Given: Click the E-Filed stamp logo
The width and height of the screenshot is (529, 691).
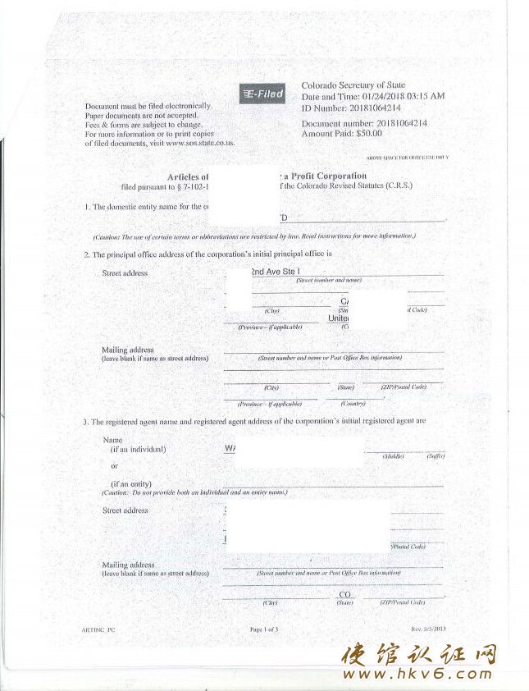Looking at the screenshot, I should [x=262, y=94].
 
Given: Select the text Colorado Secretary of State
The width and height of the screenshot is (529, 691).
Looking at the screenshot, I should [x=353, y=85].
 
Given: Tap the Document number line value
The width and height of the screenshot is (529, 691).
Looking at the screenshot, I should [x=401, y=123].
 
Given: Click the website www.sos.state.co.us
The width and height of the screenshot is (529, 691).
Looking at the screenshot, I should [x=200, y=143].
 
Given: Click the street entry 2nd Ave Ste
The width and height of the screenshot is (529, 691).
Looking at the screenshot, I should [x=276, y=271].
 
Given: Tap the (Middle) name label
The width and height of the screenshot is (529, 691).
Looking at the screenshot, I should [x=393, y=455].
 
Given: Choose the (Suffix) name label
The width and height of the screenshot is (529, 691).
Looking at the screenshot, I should [x=435, y=455].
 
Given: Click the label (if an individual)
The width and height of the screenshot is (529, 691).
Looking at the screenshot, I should [x=138, y=450].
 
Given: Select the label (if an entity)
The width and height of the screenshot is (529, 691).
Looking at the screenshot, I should [x=131, y=484].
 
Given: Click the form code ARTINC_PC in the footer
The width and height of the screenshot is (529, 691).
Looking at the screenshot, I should [x=99, y=629].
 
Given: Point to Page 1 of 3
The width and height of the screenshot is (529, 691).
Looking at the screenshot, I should [x=264, y=629].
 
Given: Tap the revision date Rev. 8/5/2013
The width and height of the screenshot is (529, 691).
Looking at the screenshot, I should [x=428, y=629].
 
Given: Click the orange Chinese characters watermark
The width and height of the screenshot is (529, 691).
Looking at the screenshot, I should [x=419, y=654].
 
